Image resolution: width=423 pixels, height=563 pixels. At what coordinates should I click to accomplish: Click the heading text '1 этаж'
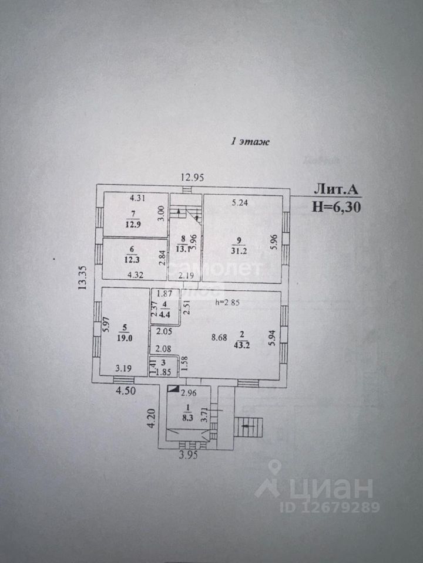point(250,141)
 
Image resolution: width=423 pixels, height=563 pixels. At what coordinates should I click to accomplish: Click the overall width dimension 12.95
point(193,178)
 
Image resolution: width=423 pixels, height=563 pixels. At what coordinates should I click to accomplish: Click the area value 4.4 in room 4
point(165,313)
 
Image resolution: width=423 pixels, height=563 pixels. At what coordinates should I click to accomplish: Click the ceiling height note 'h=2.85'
point(228,303)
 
